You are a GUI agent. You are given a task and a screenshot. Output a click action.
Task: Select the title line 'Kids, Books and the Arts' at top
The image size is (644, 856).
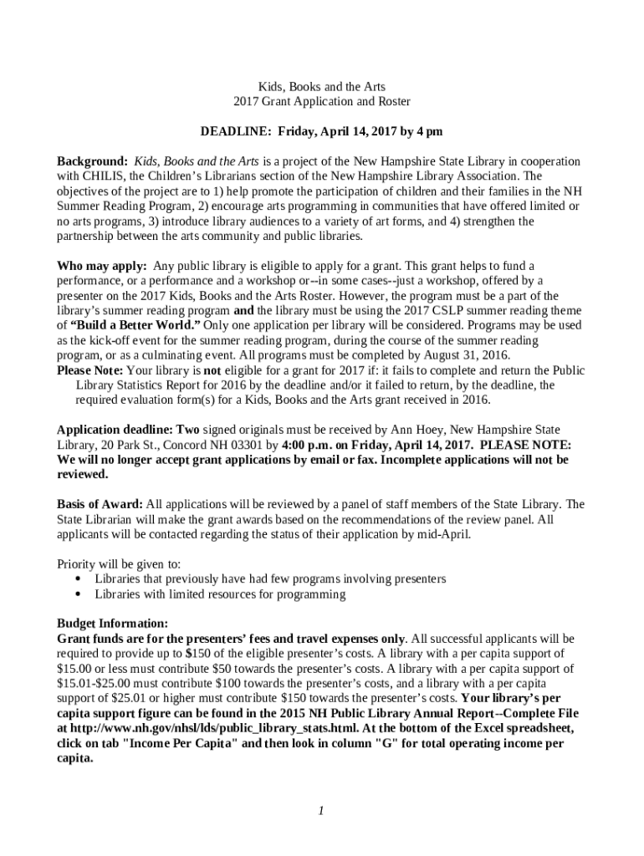coord(321,86)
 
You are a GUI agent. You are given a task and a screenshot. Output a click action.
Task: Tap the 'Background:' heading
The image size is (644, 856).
coord(92,161)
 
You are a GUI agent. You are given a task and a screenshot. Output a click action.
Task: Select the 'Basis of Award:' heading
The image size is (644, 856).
coord(100,504)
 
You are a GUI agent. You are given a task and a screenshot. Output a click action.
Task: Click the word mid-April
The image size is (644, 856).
coord(445,534)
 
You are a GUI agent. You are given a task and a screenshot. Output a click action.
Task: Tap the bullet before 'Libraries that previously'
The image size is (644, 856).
coord(78,579)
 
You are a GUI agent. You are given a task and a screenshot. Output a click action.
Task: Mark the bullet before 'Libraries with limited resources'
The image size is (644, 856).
coord(78,594)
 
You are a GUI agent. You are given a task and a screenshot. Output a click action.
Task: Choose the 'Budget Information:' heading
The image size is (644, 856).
coord(112,624)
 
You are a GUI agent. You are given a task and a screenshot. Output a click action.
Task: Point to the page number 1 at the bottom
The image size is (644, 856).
coord(321,811)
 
